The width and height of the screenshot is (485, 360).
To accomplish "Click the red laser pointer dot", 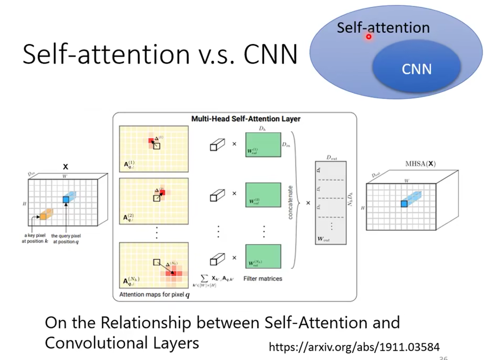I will pyautogui.click(x=368, y=36).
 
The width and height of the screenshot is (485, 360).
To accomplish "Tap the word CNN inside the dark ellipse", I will pyautogui.click(x=417, y=69).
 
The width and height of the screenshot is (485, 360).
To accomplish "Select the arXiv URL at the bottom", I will pyautogui.click(x=354, y=347).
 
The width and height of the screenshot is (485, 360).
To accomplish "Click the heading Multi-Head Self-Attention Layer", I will pyautogui.click(x=246, y=119).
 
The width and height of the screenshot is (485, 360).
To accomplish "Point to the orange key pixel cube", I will pyautogui.click(x=44, y=216).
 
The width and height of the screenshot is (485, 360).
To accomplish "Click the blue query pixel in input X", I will pyautogui.click(x=66, y=200).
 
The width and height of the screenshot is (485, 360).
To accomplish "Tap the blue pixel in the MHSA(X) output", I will pyautogui.click(x=404, y=204).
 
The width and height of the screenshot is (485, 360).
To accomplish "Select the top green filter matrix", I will pyautogui.click(x=263, y=145).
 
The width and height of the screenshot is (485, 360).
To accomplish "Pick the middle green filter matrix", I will pyautogui.click(x=263, y=195).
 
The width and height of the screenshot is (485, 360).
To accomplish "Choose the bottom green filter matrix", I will pyautogui.click(x=263, y=256).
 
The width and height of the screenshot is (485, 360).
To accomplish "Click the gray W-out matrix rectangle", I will pyautogui.click(x=331, y=202).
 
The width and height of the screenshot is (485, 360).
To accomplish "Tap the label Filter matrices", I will pyautogui.click(x=263, y=279).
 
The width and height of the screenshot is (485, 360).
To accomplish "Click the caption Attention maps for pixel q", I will pyautogui.click(x=154, y=294).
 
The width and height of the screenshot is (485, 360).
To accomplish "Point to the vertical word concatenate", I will pyautogui.click(x=290, y=202).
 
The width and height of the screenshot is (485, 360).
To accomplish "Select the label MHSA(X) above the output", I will pyautogui.click(x=420, y=164).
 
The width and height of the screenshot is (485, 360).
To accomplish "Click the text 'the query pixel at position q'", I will pyautogui.click(x=66, y=239).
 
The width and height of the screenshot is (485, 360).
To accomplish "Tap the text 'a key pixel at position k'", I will pyautogui.click(x=35, y=238).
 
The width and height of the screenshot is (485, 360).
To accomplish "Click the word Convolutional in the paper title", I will pyautogui.click(x=96, y=343).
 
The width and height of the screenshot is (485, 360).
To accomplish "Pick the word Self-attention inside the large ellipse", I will pyautogui.click(x=383, y=27).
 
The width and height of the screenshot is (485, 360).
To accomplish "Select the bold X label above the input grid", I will pyautogui.click(x=65, y=167).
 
